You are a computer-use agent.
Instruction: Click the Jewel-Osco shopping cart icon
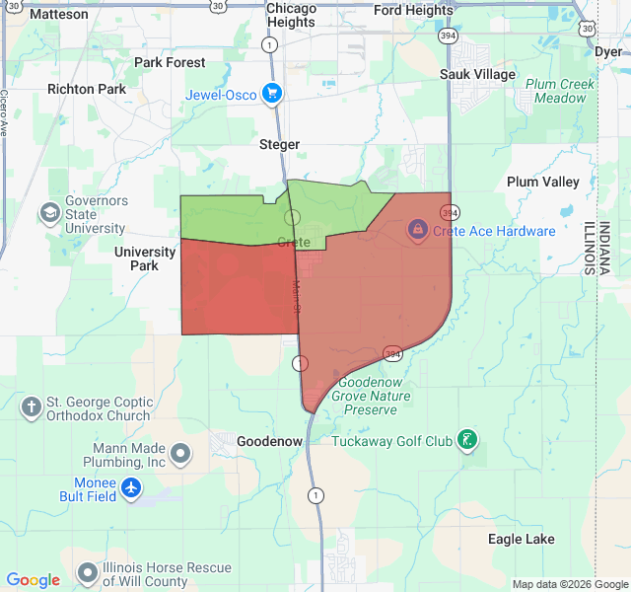pos(272,95)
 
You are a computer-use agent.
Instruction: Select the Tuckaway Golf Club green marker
pos(468,440)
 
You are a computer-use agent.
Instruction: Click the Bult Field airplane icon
pos(131,487)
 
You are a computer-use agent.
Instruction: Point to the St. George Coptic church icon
pos(31,407)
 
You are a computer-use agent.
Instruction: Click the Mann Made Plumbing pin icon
pos(180,454)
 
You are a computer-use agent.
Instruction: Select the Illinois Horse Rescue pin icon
pos(88,572)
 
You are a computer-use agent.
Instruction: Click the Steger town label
pos(279,144)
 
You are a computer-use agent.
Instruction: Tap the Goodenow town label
pos(269,441)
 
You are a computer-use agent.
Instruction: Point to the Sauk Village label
pos(477,74)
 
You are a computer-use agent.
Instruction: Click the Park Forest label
pos(170,62)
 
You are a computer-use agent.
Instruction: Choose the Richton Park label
pos(87,89)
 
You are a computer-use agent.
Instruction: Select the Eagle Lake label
pos(521,539)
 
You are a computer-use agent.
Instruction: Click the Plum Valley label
pos(543,182)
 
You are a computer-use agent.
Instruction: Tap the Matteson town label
pos(58,14)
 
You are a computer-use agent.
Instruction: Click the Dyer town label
pos(608,51)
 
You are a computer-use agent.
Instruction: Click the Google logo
pos(33,580)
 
